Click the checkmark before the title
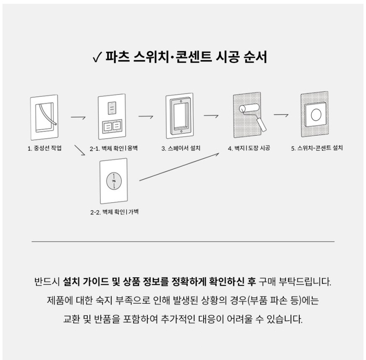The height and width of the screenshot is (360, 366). click(97, 57)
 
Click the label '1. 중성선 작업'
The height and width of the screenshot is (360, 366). click(44, 148)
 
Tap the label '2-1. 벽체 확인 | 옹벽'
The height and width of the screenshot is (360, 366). click(114, 148)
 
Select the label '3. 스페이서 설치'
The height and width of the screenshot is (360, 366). click(181, 148)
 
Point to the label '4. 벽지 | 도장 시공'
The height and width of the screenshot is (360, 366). click(249, 148)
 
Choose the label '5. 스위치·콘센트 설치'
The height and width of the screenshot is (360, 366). click(317, 148)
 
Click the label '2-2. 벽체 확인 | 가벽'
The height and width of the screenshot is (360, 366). click(114, 212)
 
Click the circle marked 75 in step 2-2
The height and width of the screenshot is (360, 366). click(114, 181)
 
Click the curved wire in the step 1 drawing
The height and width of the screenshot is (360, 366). click(48, 114)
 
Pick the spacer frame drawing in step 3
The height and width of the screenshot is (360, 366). click(179, 115)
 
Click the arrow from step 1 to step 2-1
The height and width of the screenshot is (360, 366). click(78, 117)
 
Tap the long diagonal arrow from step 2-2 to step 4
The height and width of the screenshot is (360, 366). click(179, 167)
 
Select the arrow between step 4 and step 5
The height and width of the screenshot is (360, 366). click(281, 115)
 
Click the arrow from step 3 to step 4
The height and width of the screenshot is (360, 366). click(211, 116)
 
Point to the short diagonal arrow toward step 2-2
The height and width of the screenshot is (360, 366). click(80, 150)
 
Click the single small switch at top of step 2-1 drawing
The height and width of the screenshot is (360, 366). click(112, 108)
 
